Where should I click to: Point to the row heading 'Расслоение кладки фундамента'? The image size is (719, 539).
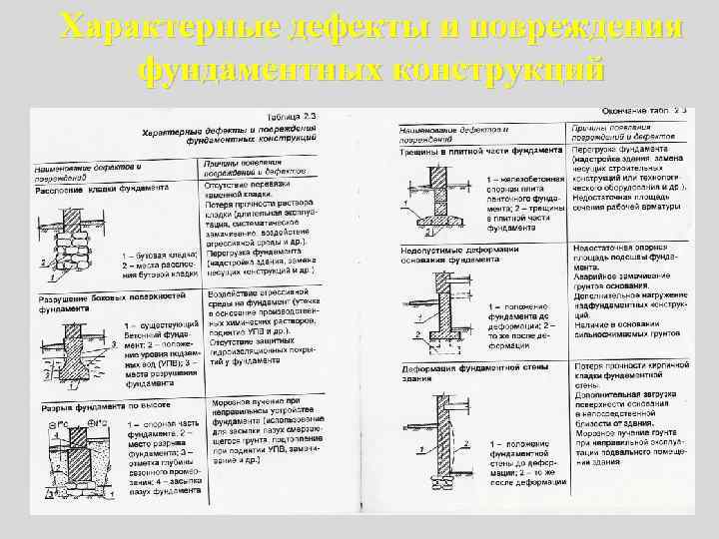(104, 188)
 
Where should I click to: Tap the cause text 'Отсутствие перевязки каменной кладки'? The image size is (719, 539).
(250, 192)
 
